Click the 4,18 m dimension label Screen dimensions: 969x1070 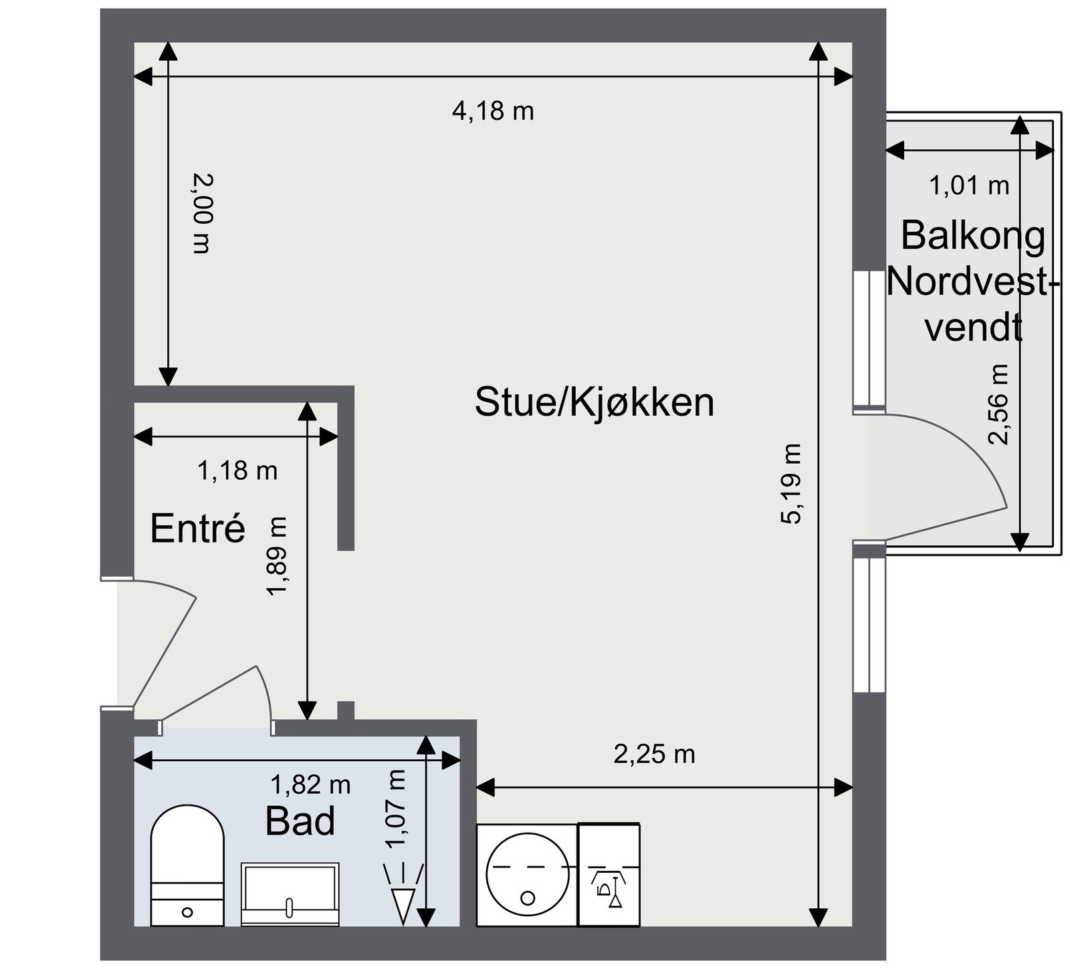pos(493,111)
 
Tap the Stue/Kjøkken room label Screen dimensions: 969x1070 pos(594,402)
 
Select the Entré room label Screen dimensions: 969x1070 pos(198,529)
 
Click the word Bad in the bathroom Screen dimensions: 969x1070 pos(300,821)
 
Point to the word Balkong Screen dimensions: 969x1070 pos(972,235)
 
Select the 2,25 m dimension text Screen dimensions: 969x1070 pos(654,754)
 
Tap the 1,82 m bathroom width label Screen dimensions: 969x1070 pos(310,785)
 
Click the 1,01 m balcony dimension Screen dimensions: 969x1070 pos(969,185)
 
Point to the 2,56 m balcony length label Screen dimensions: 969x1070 pos(998,404)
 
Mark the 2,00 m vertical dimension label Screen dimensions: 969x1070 pos(201,214)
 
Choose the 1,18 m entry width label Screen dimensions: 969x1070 pos(237,471)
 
